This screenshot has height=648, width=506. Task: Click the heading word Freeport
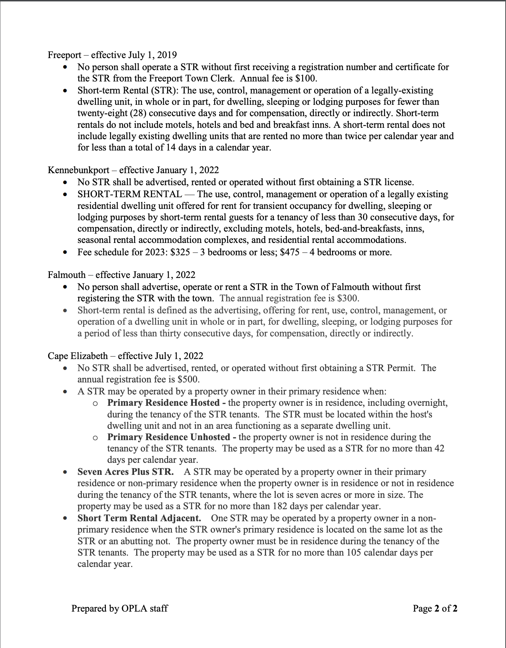tap(64, 55)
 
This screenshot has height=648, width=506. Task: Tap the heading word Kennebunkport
tap(78, 170)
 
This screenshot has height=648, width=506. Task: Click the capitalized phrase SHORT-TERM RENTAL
tap(130, 194)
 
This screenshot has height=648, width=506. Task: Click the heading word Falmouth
tap(67, 275)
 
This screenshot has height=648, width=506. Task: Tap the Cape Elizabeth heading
tap(78, 356)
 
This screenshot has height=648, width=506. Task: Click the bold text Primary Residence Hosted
tap(163, 403)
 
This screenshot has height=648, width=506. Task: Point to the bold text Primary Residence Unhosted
tap(168, 437)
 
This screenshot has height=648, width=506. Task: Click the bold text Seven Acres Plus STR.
tap(125, 472)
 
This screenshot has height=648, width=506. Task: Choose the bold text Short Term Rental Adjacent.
tap(139, 518)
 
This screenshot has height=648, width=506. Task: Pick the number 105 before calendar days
tap(354, 553)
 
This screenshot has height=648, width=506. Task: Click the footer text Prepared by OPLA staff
tap(120, 608)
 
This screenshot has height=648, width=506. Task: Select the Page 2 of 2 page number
tap(435, 608)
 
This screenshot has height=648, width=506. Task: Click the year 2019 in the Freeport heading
tap(167, 55)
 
